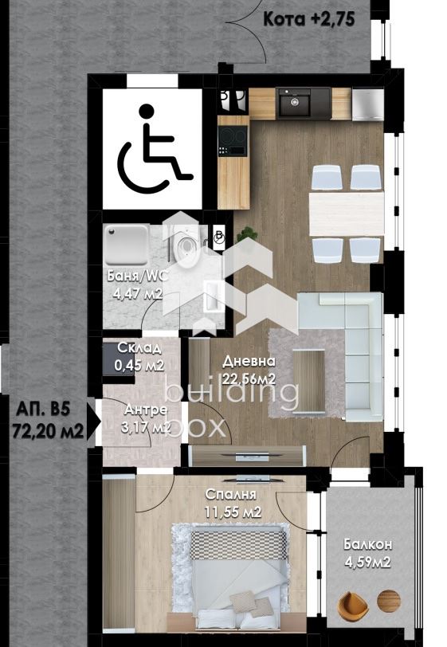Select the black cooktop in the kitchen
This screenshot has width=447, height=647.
point(233,140)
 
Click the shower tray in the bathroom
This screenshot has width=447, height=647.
point(126,245)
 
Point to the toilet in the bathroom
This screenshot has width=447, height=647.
point(187,249)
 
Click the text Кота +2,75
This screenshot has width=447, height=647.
point(309,19)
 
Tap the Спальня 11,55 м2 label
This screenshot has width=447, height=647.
point(232,503)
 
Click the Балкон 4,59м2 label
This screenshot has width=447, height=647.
point(368,553)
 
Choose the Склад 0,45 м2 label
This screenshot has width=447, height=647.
point(139,356)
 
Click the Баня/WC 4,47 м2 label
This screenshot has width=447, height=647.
point(136,284)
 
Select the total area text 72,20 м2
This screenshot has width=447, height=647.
point(48,432)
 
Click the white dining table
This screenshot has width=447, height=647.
point(347,214)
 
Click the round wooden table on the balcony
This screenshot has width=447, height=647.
point(388,601)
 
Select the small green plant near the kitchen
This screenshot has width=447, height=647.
point(247,235)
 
